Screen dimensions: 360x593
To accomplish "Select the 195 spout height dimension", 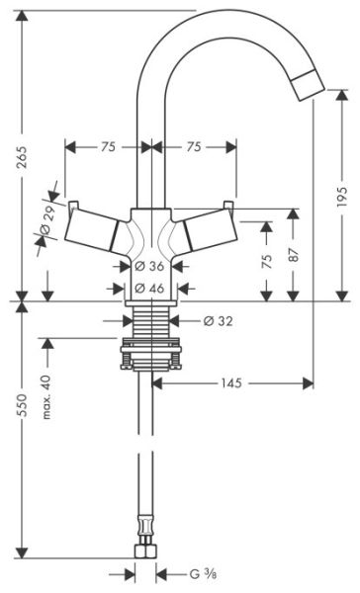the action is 341,196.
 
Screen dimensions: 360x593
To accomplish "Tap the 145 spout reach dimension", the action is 231,383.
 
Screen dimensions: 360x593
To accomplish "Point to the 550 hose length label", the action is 23,405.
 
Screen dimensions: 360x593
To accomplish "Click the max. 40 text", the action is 46,397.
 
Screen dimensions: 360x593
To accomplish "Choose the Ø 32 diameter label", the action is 218,321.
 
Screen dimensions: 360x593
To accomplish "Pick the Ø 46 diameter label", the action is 149,289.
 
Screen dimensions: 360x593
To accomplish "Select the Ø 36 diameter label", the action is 149,266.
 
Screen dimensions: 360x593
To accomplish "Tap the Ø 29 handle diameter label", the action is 48,220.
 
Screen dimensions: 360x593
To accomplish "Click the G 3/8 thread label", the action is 203,575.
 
